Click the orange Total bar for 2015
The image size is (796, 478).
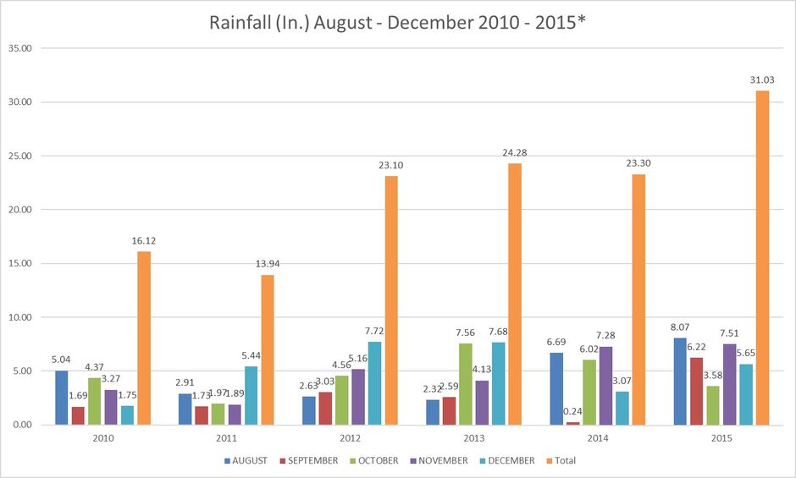tap(763, 257)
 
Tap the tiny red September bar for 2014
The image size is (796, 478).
tap(572, 423)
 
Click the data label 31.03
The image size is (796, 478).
tap(763, 80)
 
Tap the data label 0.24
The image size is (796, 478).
tap(573, 411)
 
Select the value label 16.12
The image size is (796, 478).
tap(143, 240)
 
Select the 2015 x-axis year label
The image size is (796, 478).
tap(721, 439)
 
